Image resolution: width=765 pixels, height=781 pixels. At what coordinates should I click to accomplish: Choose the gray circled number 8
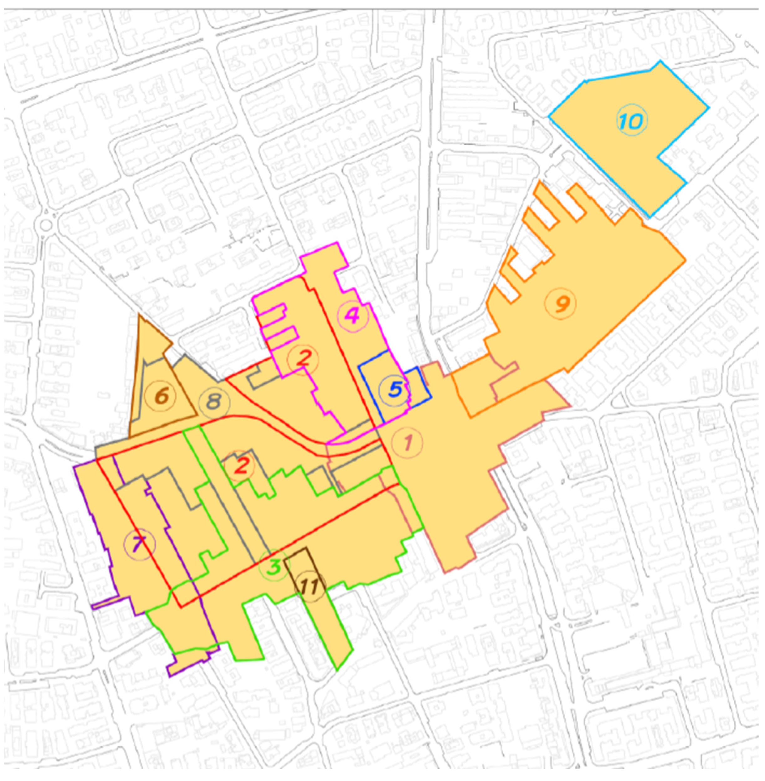click(214, 401)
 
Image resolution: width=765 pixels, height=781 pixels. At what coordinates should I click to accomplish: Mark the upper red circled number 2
click(303, 359)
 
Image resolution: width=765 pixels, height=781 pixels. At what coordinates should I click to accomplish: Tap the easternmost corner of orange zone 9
click(685, 260)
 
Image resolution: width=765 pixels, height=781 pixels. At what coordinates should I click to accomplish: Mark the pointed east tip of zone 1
click(569, 406)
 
